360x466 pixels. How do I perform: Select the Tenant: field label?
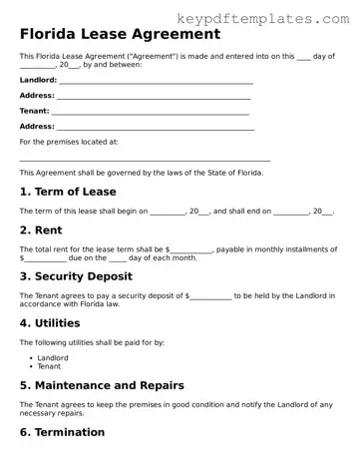[34, 111]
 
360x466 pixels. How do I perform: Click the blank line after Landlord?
[155, 81]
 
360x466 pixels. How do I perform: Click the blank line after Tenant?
[150, 112]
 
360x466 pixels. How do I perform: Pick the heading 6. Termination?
[62, 432]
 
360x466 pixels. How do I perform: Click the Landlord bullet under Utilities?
[53, 356]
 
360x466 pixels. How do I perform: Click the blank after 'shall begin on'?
[168, 212]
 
